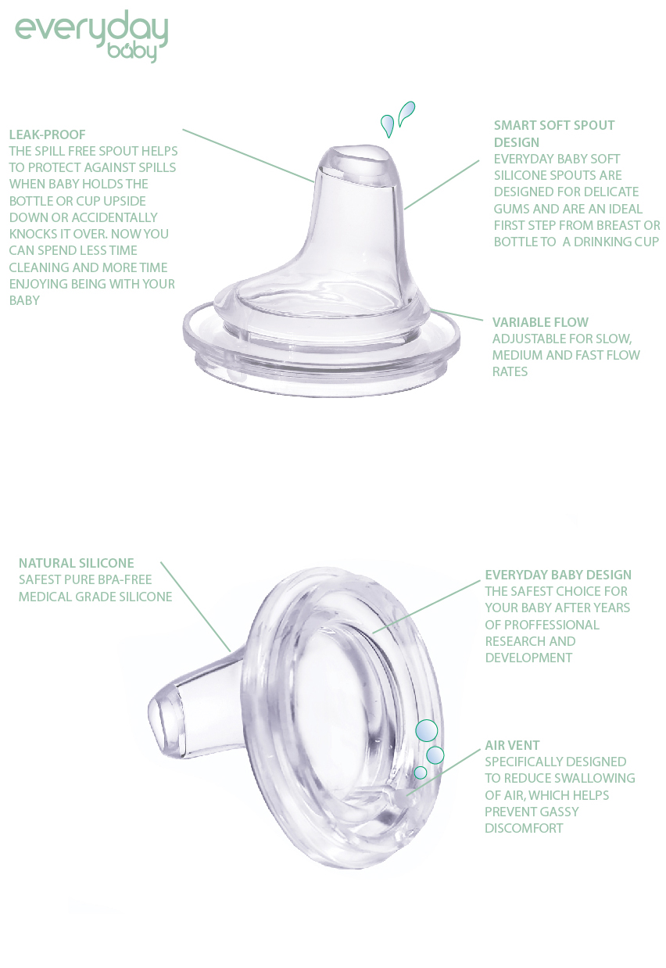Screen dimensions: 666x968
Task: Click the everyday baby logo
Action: pos(91,37)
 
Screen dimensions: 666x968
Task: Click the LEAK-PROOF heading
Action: pos(48,134)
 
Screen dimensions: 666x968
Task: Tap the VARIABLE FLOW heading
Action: pos(540,322)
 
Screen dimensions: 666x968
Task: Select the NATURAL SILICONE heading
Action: pos(77,563)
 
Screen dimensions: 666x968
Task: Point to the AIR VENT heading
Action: pos(512,745)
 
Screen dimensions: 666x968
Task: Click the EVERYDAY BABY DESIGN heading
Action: pos(558,575)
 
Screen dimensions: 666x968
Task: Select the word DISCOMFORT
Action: pos(524,827)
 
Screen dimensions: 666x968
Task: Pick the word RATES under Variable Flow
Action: pos(510,371)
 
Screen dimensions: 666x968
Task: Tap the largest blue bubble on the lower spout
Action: pos(426,731)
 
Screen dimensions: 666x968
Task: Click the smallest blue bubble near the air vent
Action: pos(421,772)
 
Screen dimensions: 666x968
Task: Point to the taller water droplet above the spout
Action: pos(406,113)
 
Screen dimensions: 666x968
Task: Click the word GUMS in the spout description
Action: pos(512,208)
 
